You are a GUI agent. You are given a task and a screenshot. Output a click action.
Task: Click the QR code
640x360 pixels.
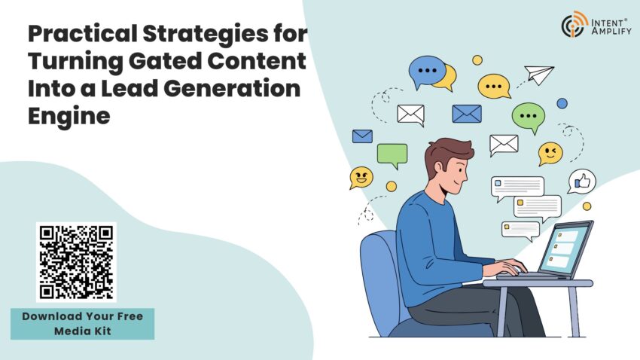tap(75, 261)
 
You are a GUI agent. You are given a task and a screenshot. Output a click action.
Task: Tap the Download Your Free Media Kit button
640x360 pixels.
tap(82, 322)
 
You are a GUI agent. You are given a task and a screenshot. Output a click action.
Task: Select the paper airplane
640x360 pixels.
tap(539, 74)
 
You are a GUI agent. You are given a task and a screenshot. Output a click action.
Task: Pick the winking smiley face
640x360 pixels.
tap(550, 153)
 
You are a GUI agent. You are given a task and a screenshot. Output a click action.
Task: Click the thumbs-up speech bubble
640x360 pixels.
tap(581, 182)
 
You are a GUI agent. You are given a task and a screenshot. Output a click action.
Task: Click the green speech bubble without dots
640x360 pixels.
tap(392, 155)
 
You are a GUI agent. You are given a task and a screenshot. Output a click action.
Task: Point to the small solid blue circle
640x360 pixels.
tap(562, 103)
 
